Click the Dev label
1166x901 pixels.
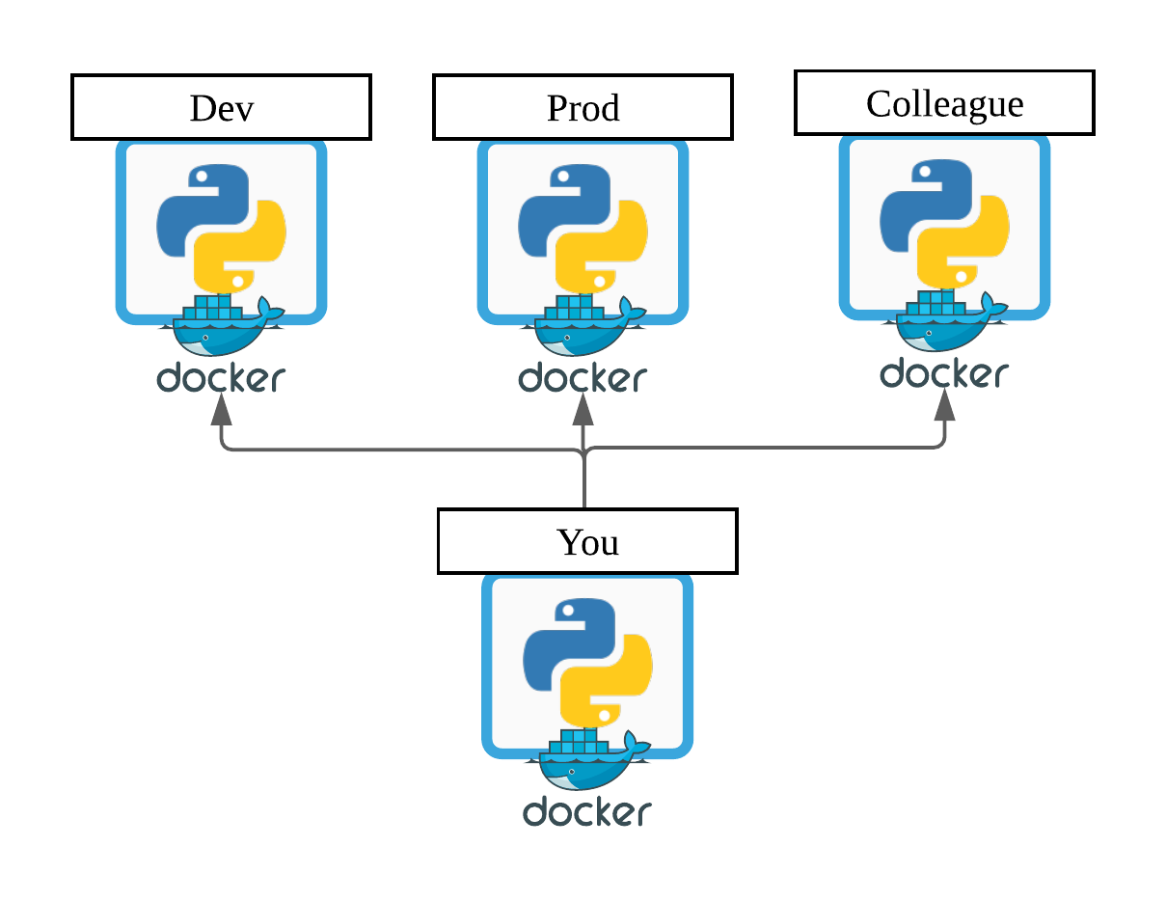click(221, 107)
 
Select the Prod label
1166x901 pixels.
click(583, 107)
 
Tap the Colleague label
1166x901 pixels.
click(944, 102)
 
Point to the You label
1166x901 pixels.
click(587, 541)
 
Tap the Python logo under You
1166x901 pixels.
click(587, 661)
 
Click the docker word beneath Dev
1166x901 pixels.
click(221, 378)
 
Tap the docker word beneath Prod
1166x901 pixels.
click(583, 378)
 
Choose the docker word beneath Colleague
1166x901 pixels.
click(944, 373)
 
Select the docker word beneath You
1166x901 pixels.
click(587, 812)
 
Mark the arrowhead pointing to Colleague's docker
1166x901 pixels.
click(944, 405)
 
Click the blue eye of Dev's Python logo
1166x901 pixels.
click(201, 177)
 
